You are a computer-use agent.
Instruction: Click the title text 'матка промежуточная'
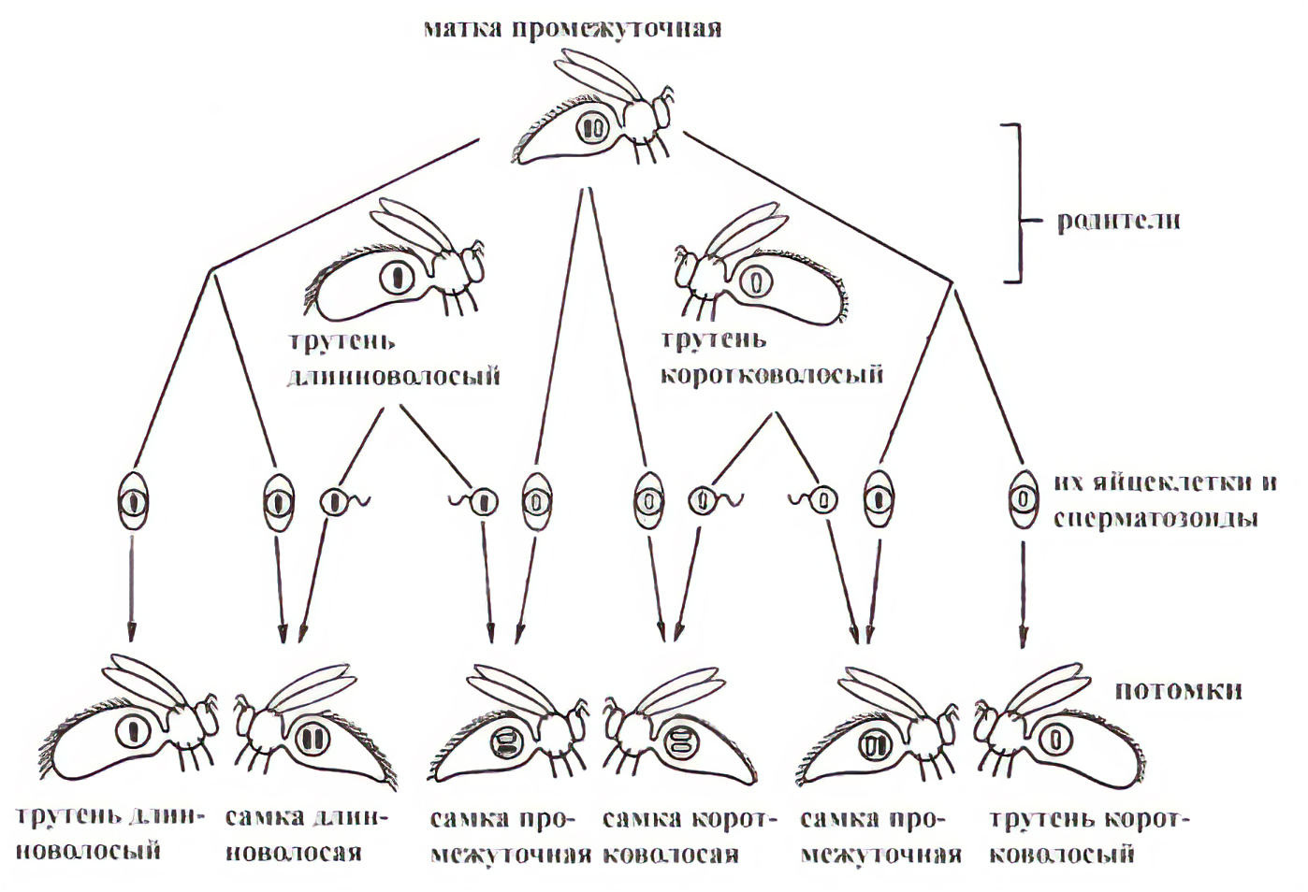click(x=573, y=28)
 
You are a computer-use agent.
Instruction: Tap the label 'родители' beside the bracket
click(x=1118, y=221)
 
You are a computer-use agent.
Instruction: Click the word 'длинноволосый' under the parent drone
click(x=393, y=376)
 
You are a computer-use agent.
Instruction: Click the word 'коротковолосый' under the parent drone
click(x=772, y=375)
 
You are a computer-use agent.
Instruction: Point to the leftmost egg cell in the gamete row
click(x=133, y=502)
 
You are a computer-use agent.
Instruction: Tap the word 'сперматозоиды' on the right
click(x=1155, y=518)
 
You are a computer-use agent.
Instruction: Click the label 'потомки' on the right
click(x=1178, y=690)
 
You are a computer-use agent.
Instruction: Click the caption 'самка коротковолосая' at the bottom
click(x=689, y=837)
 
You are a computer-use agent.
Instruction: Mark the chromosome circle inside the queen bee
click(x=591, y=127)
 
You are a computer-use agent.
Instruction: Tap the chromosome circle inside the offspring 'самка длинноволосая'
click(x=312, y=739)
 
